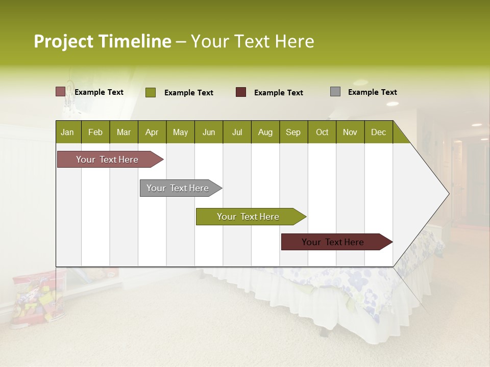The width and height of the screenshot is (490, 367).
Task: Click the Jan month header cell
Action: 68,132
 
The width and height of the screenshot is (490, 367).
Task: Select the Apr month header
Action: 152,132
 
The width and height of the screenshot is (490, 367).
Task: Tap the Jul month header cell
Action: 237,132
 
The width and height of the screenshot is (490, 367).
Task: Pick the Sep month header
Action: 293,132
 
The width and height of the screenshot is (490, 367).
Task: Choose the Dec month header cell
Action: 378,132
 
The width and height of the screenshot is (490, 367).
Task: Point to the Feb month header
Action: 95,132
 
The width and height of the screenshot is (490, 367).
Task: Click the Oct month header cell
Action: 322,132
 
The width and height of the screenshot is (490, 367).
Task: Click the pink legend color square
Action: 60,92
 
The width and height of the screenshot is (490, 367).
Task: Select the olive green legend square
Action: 151,92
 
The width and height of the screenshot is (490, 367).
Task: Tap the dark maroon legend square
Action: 241,92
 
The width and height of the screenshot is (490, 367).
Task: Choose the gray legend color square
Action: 335,92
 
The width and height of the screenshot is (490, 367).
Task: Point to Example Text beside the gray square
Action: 372,92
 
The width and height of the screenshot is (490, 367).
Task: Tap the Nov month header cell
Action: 350,132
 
